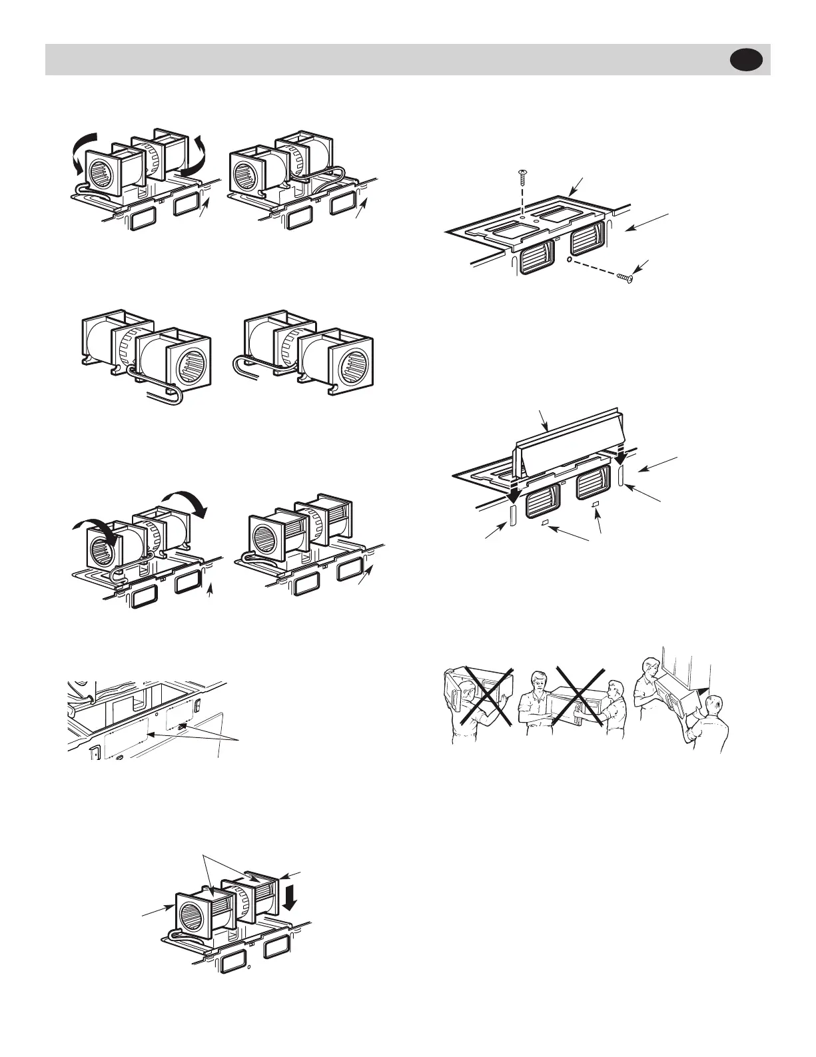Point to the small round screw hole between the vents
(x=566, y=260)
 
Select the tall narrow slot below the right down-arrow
(x=621, y=476)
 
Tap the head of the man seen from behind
(x=715, y=705)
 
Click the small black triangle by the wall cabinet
(x=711, y=683)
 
